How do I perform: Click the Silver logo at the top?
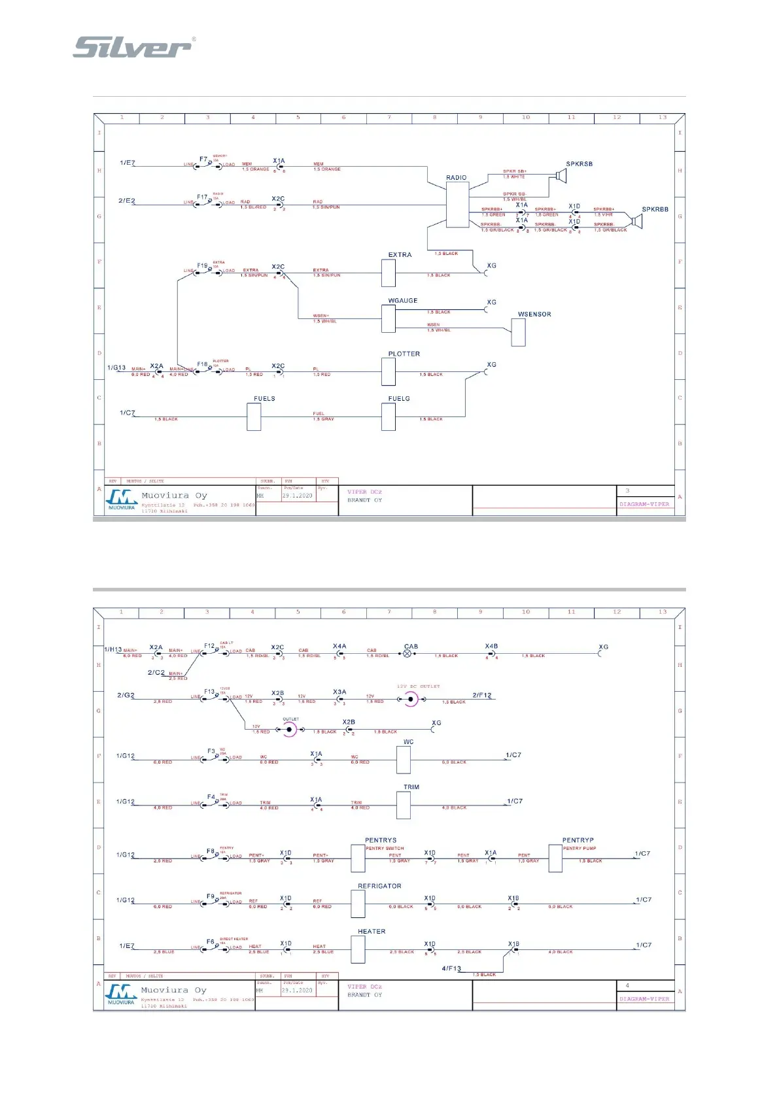pyautogui.click(x=133, y=47)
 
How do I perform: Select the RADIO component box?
pyautogui.click(x=457, y=205)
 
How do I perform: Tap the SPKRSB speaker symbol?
pyautogui.click(x=560, y=175)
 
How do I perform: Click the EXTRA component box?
pyautogui.click(x=388, y=273)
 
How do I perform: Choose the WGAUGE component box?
pyautogui.click(x=388, y=318)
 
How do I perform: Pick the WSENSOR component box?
pyautogui.click(x=518, y=332)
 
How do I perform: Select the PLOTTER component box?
pyautogui.click(x=388, y=371)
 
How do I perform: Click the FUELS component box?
pyautogui.click(x=254, y=416)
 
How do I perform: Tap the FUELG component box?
pyautogui.click(x=388, y=416)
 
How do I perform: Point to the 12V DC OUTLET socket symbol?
pyautogui.click(x=411, y=699)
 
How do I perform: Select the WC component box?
pyautogui.click(x=404, y=760)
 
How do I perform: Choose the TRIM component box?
pyautogui.click(x=404, y=805)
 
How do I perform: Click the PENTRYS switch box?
pyautogui.click(x=358, y=858)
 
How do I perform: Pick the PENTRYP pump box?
pyautogui.click(x=555, y=858)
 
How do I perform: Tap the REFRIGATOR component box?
pyautogui.click(x=358, y=904)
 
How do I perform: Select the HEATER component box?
pyautogui.click(x=358, y=949)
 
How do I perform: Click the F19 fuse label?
pyautogui.click(x=203, y=266)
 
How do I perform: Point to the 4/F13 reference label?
pyautogui.click(x=451, y=968)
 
